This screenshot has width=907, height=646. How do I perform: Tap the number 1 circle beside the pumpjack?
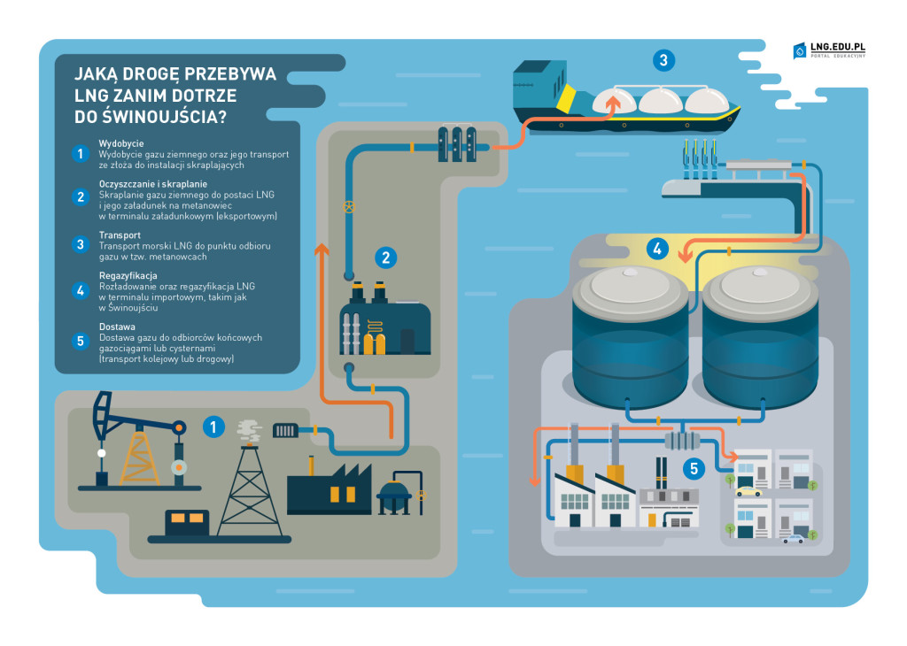click(x=213, y=427)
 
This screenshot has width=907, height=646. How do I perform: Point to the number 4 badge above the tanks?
click(x=656, y=249)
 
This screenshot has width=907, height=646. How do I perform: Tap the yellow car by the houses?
click(x=748, y=490)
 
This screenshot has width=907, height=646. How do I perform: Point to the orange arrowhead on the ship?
click(x=609, y=103)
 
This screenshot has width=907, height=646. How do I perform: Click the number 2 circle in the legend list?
click(x=80, y=197)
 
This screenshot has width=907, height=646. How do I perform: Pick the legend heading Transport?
click(x=120, y=235)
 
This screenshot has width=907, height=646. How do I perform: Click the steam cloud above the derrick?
click(x=249, y=431)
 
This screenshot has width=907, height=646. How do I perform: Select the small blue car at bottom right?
click(x=793, y=538)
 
